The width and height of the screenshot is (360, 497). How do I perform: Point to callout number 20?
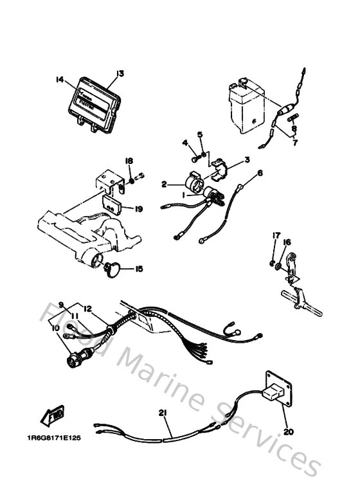pos(288,432)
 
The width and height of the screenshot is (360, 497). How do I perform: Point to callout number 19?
pos(139,208)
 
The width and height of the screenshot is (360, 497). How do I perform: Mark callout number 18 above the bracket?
pos(129,161)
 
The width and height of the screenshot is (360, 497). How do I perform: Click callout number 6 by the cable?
pos(260,173)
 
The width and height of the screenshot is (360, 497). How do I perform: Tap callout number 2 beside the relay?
pos(164,185)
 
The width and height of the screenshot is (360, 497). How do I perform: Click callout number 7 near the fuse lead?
pos(294,143)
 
